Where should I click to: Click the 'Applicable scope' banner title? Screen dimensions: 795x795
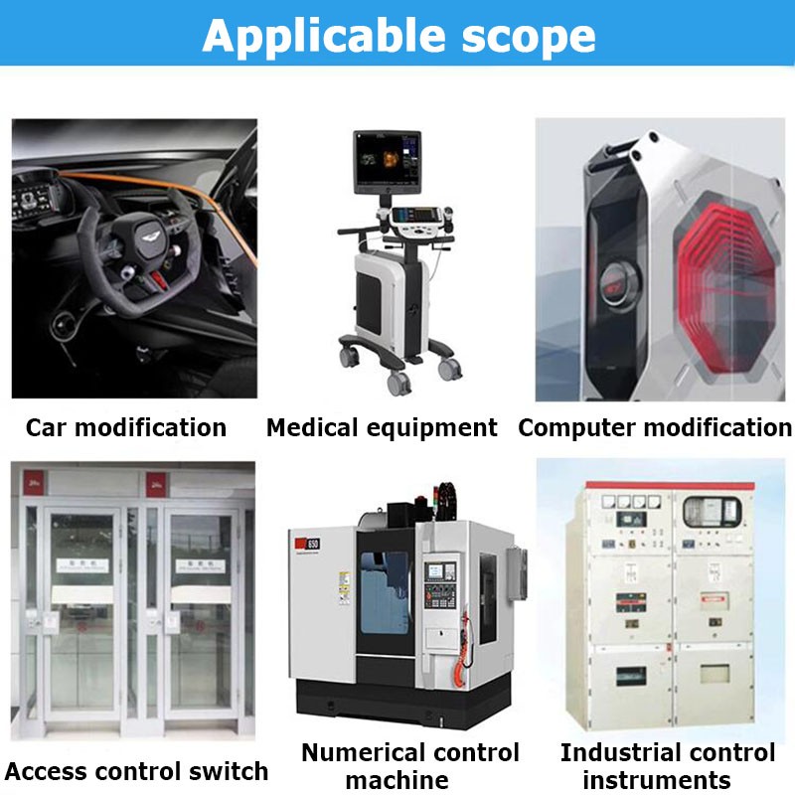coord(398,36)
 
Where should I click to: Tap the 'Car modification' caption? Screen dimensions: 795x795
coord(126,427)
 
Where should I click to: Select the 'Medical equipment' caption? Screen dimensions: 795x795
coord(382,428)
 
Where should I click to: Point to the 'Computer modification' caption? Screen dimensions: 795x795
coord(655,428)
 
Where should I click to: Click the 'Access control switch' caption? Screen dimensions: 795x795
coord(136,771)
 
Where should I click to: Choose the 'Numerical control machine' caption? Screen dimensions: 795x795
coord(410,766)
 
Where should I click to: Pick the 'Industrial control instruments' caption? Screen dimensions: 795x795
coord(667,766)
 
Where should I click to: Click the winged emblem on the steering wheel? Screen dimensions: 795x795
coord(150,236)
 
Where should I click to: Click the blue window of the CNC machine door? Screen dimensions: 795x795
coord(385,592)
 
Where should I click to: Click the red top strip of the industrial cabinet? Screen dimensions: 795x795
coord(670,486)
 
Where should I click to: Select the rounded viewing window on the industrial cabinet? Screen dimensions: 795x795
coord(712,512)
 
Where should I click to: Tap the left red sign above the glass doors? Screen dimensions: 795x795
coord(34,483)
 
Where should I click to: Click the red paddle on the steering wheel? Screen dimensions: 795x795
coord(158,280)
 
